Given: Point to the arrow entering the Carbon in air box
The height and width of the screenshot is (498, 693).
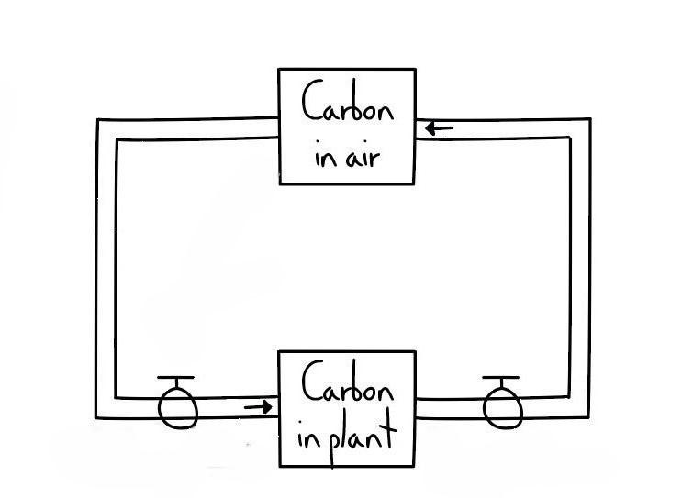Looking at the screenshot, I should (440, 128).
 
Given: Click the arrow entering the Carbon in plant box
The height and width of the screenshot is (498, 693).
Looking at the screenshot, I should (260, 406).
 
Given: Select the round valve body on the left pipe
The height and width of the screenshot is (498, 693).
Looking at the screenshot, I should (177, 408).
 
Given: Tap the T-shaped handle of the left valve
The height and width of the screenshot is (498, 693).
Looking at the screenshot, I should (175, 379).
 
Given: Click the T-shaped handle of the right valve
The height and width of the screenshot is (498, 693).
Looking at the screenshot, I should (500, 379).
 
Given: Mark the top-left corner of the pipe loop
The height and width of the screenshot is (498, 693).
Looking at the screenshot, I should (106, 129).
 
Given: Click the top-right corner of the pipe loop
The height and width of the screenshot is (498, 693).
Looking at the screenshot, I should (579, 128).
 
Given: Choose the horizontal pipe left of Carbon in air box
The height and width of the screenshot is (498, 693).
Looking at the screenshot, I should (193, 129).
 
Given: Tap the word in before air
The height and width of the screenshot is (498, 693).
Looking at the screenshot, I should (324, 157).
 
